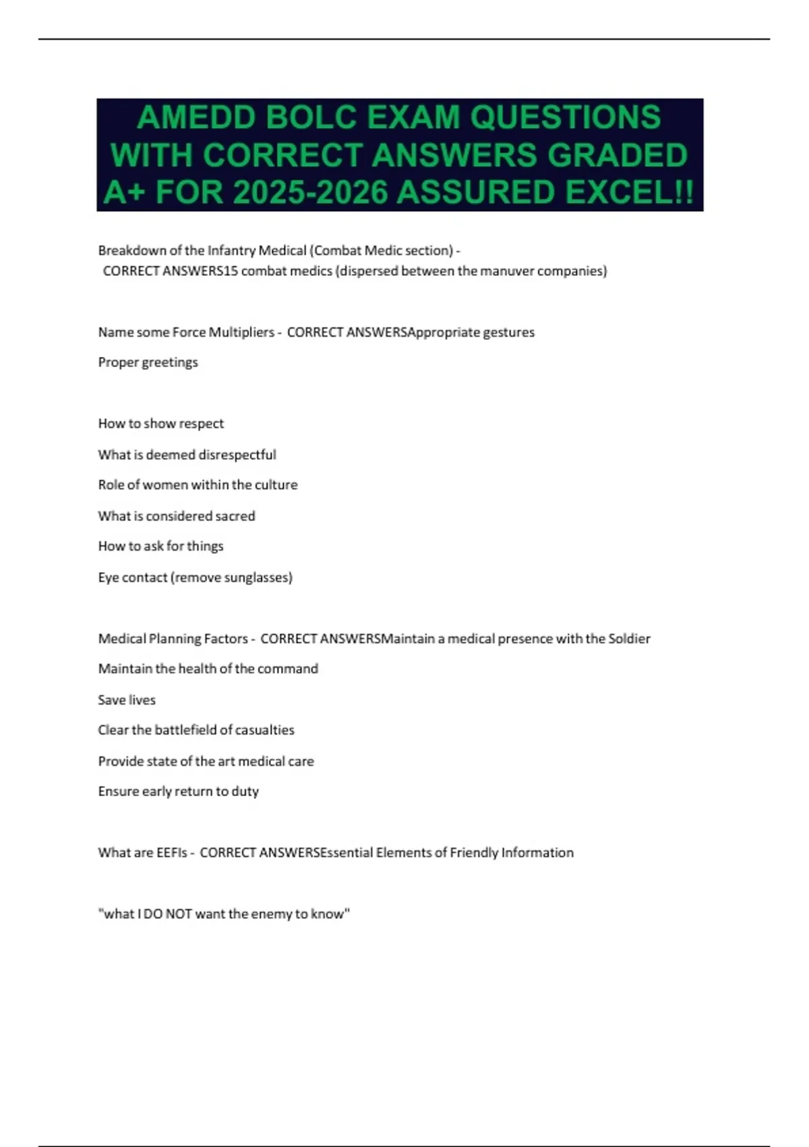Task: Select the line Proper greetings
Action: point(148,362)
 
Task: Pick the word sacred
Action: point(235,516)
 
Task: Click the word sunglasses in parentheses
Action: point(257,578)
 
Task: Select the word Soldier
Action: point(629,638)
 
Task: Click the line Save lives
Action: point(127,700)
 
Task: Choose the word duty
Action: point(245,791)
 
